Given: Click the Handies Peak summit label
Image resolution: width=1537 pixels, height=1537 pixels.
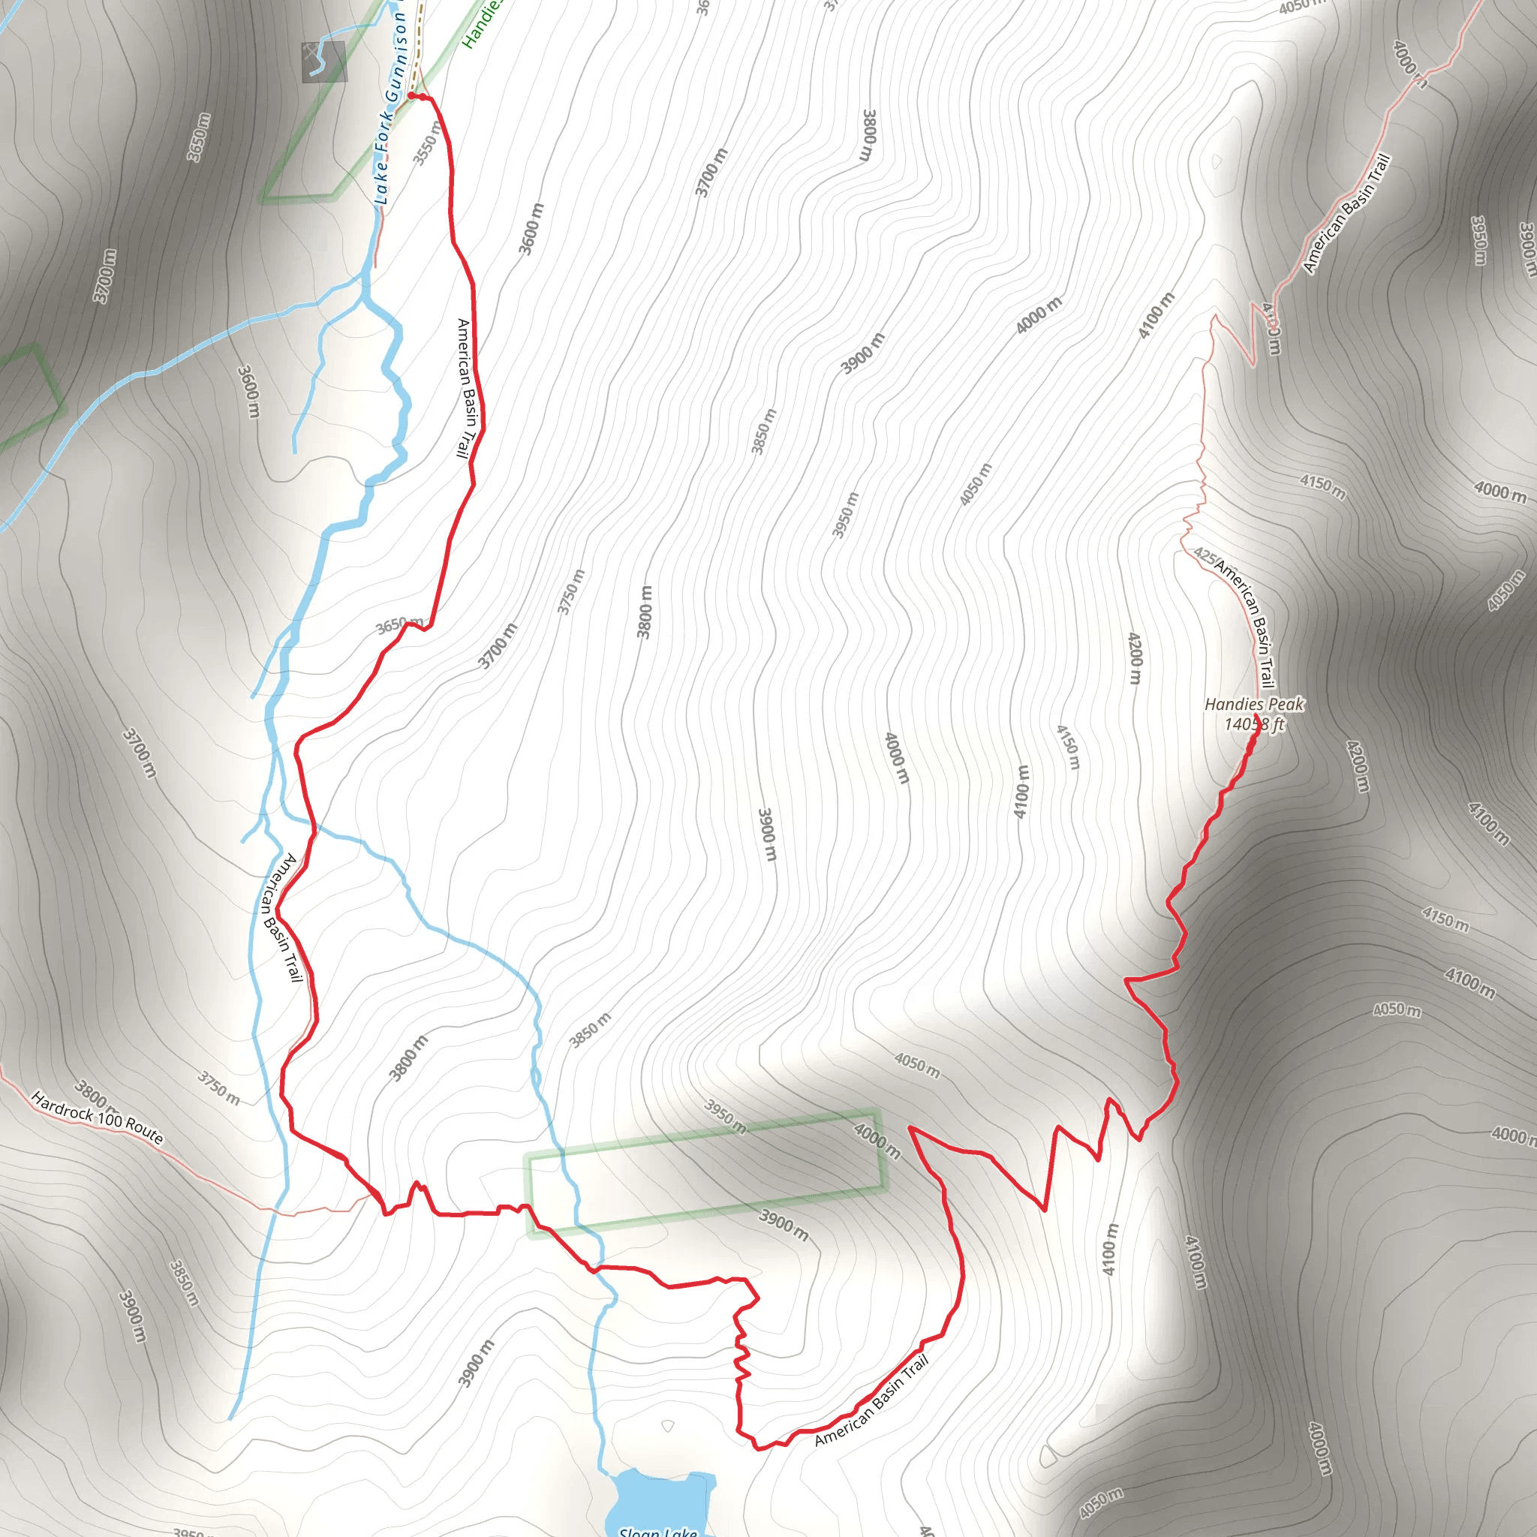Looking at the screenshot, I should coord(1254,704).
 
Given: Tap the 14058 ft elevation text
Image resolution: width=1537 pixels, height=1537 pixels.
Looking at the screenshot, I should coord(1254,724).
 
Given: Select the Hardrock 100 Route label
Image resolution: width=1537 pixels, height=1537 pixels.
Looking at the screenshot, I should coord(97,1119).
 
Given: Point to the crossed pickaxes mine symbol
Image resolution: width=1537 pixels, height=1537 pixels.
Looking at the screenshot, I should coord(323,62).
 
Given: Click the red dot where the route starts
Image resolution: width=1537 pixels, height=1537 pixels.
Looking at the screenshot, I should coord(411,95).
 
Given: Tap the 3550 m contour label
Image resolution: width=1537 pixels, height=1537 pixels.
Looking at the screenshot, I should coord(427,144).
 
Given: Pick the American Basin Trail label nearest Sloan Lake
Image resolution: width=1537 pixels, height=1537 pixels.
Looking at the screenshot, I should coord(872,1401).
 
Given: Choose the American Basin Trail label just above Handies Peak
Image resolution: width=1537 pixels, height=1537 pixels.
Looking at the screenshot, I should coord(1245,625).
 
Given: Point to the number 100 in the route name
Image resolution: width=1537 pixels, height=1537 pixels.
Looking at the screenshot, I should coord(109,1123).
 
